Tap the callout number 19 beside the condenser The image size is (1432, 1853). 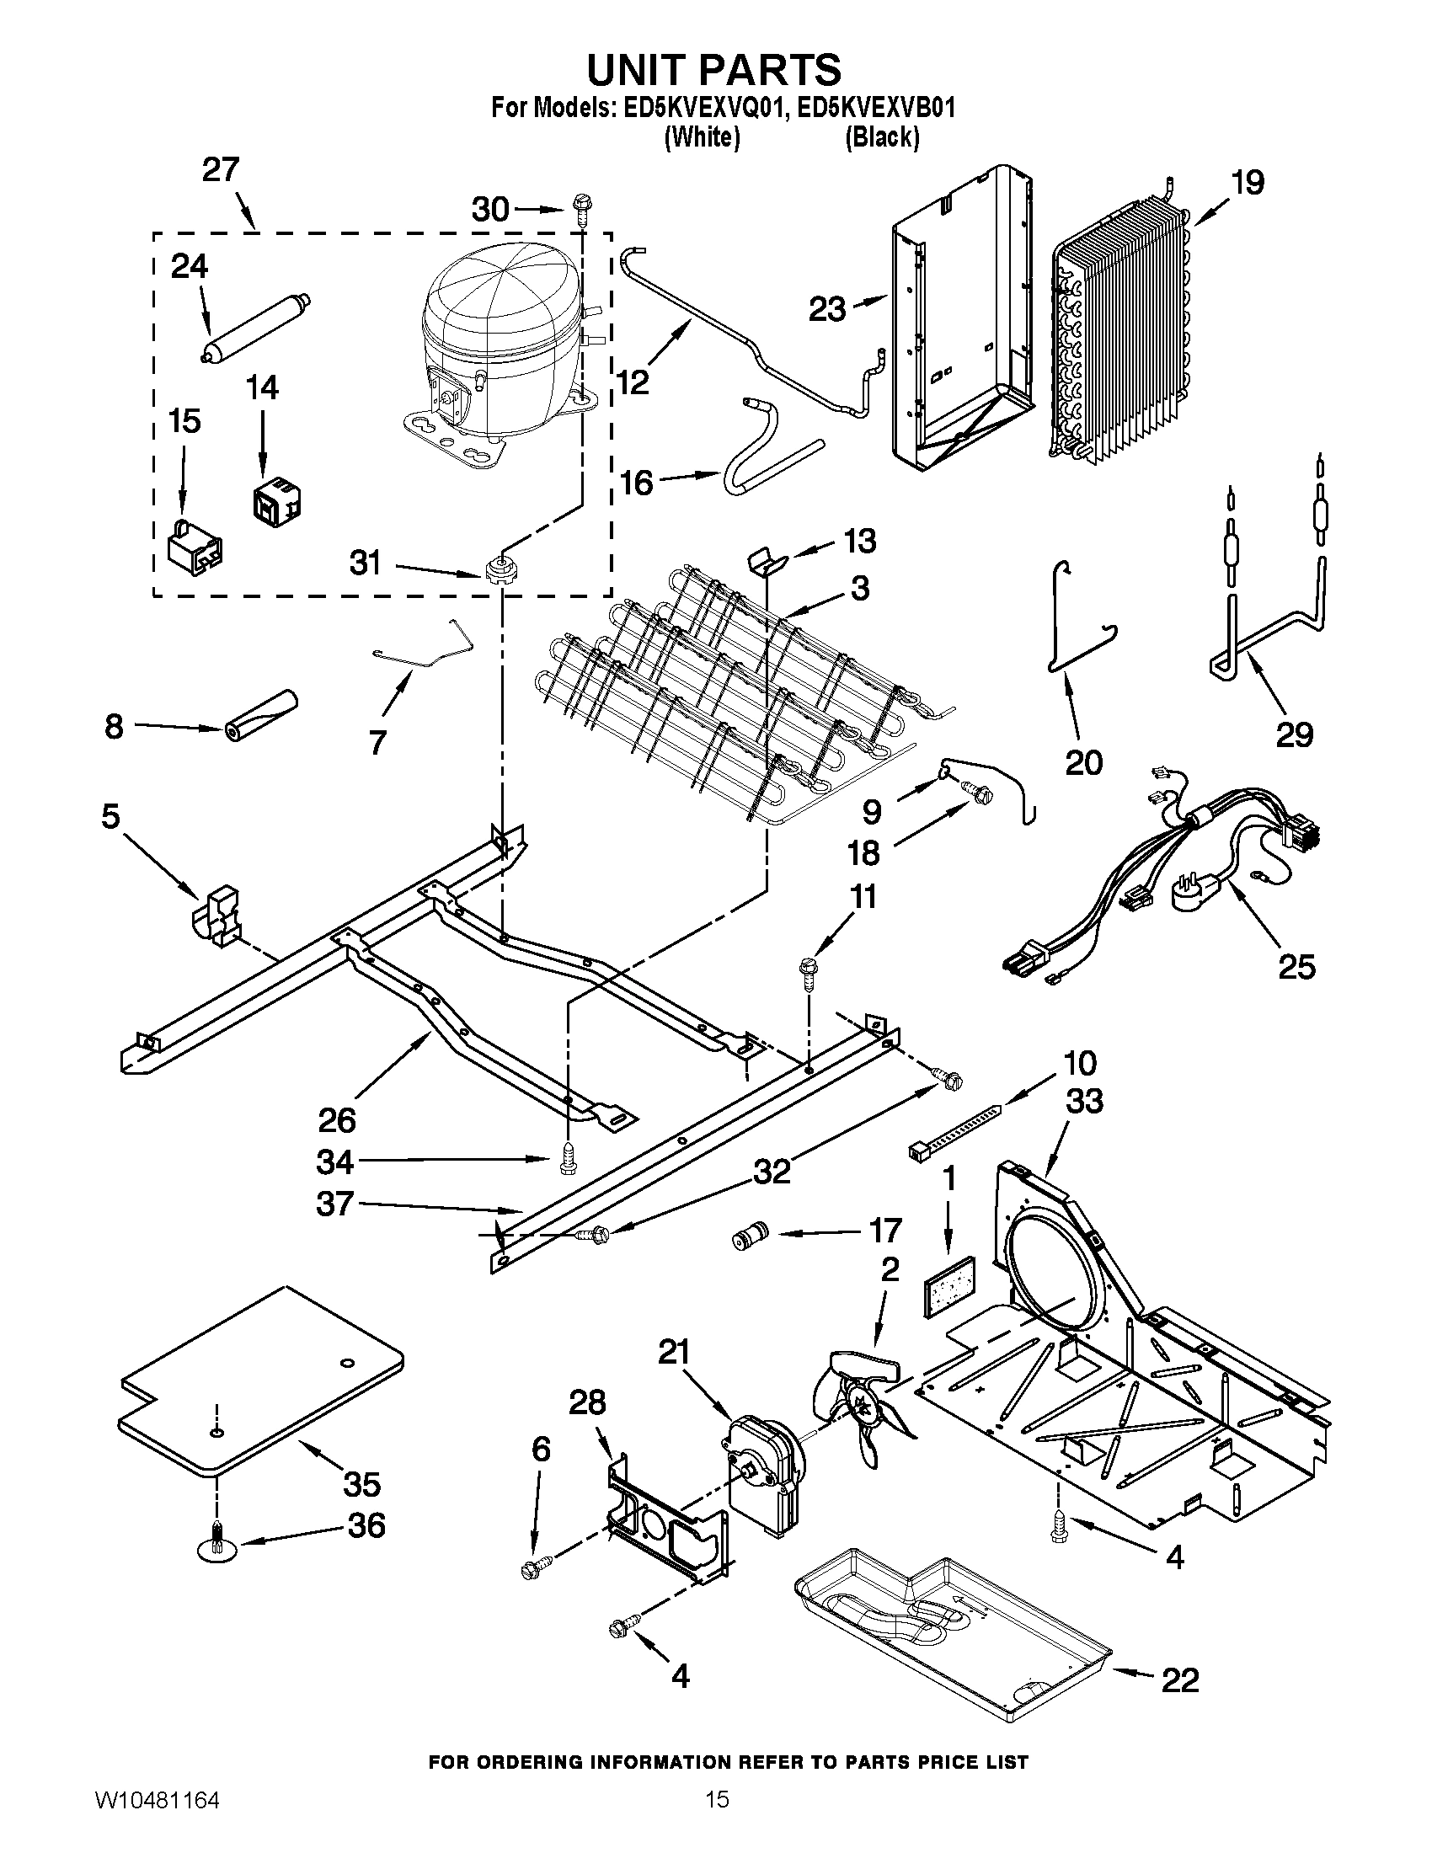point(1248,184)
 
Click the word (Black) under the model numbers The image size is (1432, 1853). point(881,138)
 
